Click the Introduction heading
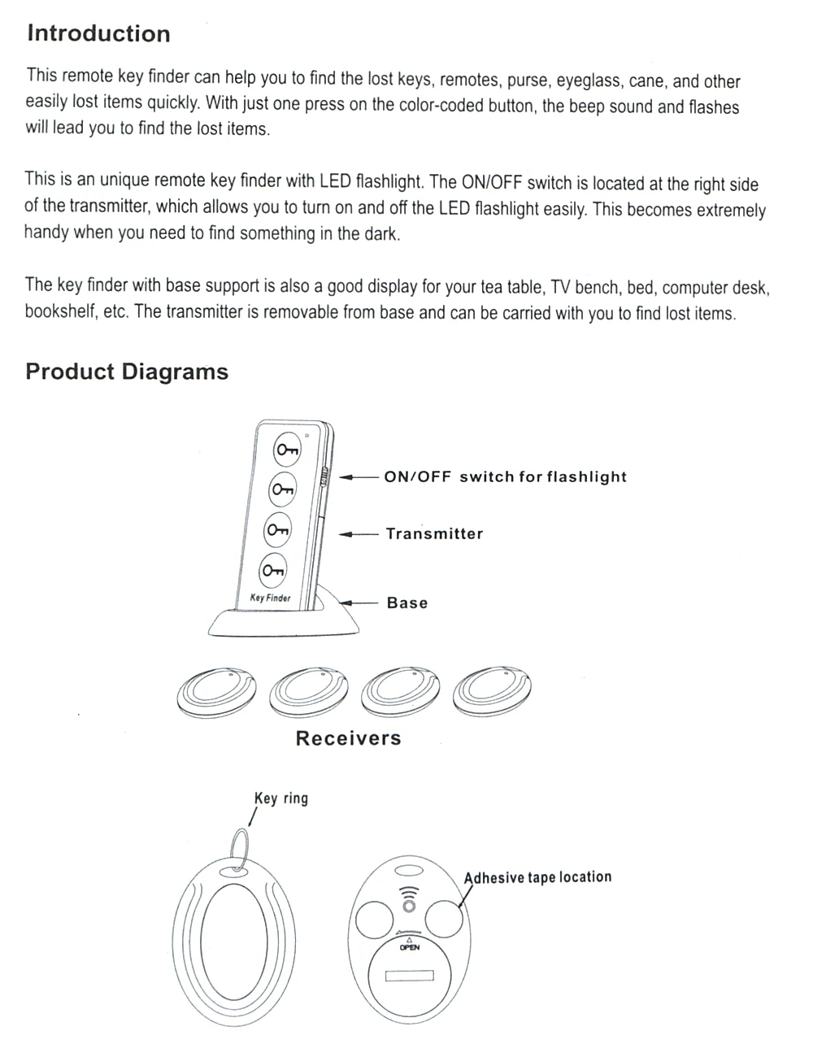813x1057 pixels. coord(98,33)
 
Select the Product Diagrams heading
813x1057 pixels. coord(127,372)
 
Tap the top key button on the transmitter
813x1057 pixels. coord(287,450)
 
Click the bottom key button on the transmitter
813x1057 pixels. coord(273,569)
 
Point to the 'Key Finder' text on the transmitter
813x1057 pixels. coord(270,598)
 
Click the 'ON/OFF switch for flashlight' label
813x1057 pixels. coord(505,477)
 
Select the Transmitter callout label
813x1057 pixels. coord(434,534)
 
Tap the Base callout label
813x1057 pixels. coord(407,603)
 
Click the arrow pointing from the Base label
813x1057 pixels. coord(359,603)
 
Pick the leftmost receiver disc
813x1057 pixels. coord(216,692)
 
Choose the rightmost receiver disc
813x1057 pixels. coord(493,692)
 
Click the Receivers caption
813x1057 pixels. coord(348,738)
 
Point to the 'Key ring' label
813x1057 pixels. coord(281,798)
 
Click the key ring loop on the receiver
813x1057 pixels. coord(239,850)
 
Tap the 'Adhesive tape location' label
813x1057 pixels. coord(537,877)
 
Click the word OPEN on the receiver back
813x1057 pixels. coord(409,947)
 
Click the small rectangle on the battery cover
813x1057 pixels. coord(409,976)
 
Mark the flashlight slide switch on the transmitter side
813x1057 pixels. coord(324,477)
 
